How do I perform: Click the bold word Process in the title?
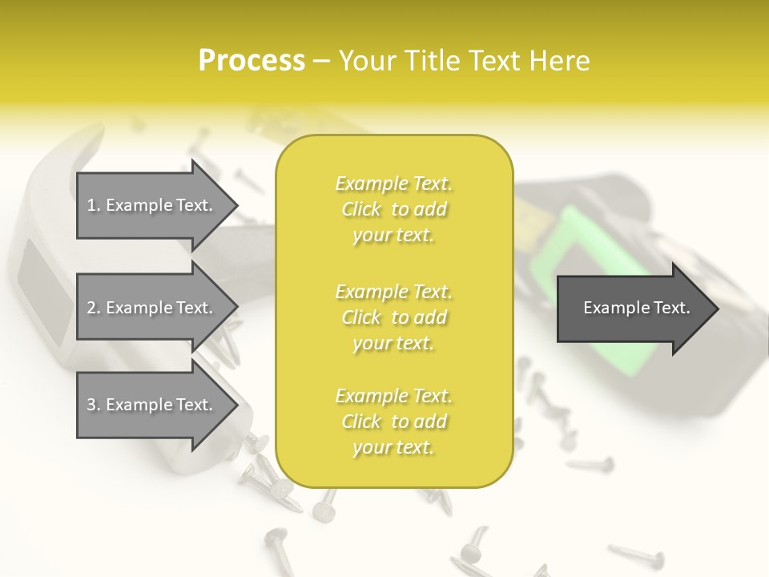252,61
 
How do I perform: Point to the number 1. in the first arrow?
94,205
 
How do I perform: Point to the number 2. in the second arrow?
94,308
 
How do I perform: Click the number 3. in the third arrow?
94,406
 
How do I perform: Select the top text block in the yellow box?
393,209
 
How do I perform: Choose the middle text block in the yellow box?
393,317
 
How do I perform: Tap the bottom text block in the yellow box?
393,422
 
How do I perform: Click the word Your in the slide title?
368,61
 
